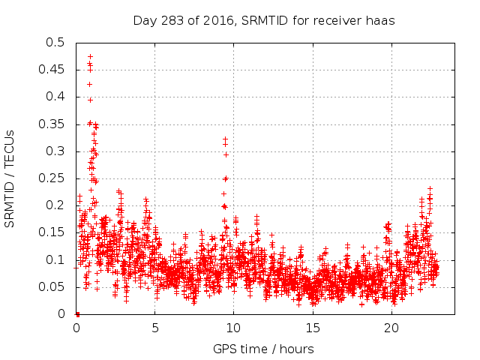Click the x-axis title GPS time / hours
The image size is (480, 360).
coord(263,349)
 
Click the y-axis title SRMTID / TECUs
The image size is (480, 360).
coord(10,178)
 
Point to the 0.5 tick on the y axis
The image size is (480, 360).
coord(55,43)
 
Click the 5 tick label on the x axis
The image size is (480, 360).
coord(155,328)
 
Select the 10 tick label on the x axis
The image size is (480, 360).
coord(233,328)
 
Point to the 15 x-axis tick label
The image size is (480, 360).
coord(312,328)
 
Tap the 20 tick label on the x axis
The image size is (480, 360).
coord(390,328)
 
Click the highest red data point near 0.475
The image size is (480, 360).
coord(90,56)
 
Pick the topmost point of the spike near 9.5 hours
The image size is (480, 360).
coord(225,139)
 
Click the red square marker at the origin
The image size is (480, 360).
coord(77,313)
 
